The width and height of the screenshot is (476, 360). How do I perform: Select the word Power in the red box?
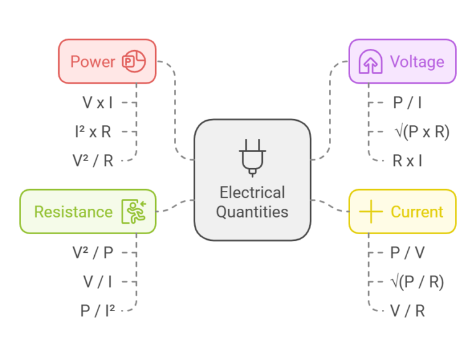[92, 62]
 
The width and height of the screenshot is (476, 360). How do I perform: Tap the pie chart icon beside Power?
[133, 62]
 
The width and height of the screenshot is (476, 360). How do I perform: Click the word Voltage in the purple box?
[416, 62]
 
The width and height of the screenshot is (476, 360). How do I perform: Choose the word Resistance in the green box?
[73, 212]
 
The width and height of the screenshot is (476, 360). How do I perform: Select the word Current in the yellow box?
[416, 212]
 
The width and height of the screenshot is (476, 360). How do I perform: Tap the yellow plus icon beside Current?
[371, 212]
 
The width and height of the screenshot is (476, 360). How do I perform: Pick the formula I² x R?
[93, 132]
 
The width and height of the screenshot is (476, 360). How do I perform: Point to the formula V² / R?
[93, 161]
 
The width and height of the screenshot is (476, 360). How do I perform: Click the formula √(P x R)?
[421, 132]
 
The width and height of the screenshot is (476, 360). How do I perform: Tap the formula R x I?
[407, 161]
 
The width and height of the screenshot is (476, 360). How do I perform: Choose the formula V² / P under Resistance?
[93, 253]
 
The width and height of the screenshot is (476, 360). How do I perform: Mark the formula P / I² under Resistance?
[97, 311]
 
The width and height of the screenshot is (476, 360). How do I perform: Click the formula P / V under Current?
[408, 253]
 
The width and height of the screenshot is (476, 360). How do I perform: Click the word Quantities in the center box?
[252, 212]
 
